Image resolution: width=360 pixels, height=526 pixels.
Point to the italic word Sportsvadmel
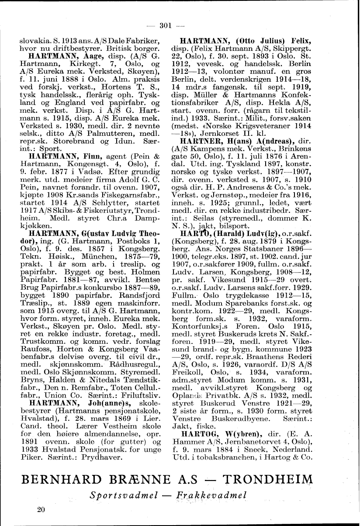[116, 495]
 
